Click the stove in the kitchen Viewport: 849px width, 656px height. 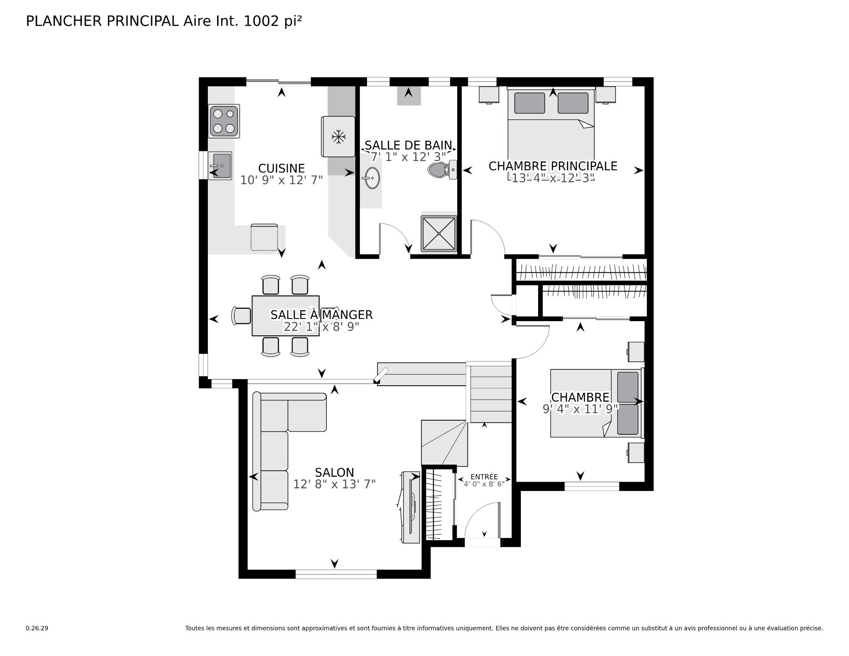[224, 121]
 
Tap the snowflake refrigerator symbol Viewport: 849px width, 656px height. [338, 136]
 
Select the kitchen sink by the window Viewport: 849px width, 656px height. [220, 165]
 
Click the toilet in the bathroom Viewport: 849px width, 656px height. [443, 169]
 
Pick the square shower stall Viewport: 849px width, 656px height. [439, 234]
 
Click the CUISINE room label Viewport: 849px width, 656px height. [282, 169]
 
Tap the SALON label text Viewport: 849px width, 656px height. [335, 472]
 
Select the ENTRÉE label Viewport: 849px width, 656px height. [484, 477]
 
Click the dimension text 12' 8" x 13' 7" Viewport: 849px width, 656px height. [335, 484]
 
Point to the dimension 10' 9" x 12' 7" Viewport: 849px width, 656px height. [282, 180]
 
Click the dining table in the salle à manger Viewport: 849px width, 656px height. [286, 316]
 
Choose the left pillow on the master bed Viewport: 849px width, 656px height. [530, 103]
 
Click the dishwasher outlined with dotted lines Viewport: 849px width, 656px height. [264, 238]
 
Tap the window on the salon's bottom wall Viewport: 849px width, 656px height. [336, 574]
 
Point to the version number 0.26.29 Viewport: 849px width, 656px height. [37, 628]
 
